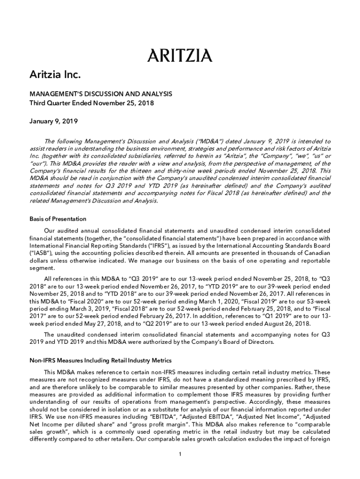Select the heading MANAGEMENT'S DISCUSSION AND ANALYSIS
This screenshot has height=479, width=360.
[x=101, y=94]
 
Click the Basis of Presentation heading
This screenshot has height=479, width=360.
[x=58, y=218]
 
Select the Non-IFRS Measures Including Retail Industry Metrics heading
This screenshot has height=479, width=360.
[x=101, y=361]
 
